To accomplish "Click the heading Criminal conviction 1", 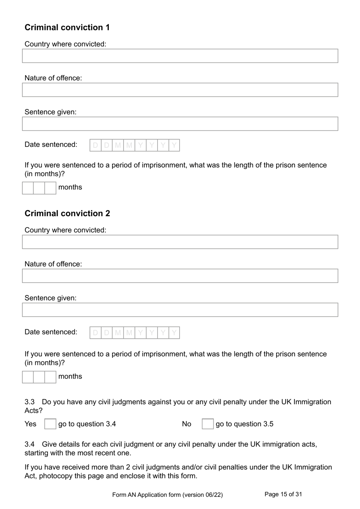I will pos(67,27).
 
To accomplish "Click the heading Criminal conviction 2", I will pos(67,213).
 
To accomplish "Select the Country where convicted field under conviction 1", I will pos(180,56).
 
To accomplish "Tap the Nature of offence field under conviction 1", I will pos(180,90).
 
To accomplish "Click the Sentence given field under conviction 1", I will pos(180,124).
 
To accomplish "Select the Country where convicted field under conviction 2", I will pos(180,242).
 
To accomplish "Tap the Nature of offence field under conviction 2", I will pos(180,276).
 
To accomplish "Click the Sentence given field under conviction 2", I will pos(180,310).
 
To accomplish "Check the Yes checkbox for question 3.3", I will pos(50,424).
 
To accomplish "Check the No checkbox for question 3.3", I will pos(208,424).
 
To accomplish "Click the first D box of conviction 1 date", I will pos(95,145).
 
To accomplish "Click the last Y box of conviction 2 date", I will pos(174,333).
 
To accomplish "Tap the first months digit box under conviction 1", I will pos(28,188).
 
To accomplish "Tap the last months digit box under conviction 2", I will pos(50,377).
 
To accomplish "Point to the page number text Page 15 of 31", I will pos(283,494).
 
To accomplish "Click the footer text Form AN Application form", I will pos(167,495).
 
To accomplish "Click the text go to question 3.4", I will pos(87,424).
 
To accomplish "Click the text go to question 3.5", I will pos(244,424).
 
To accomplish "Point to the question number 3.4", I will pos(30,444).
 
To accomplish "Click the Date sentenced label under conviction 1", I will pos(51,145).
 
